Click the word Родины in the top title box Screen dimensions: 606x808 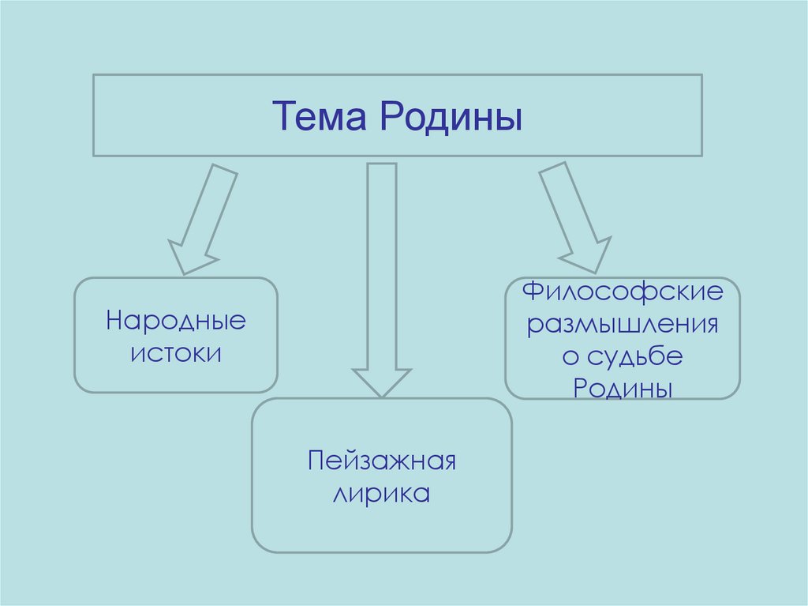[451, 116]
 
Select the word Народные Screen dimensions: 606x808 [176, 322]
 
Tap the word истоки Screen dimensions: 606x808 [176, 352]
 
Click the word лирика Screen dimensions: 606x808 [382, 495]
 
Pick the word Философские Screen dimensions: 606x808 [623, 294]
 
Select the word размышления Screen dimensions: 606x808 [623, 326]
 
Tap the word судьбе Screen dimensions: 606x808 [634, 356]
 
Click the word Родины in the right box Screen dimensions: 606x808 [623, 388]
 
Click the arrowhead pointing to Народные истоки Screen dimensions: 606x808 [189, 257]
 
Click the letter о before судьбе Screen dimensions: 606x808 [570, 357]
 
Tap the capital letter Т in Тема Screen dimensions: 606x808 [282, 116]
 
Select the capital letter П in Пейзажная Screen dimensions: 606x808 [317, 461]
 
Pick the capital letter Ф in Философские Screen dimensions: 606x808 [533, 293]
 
